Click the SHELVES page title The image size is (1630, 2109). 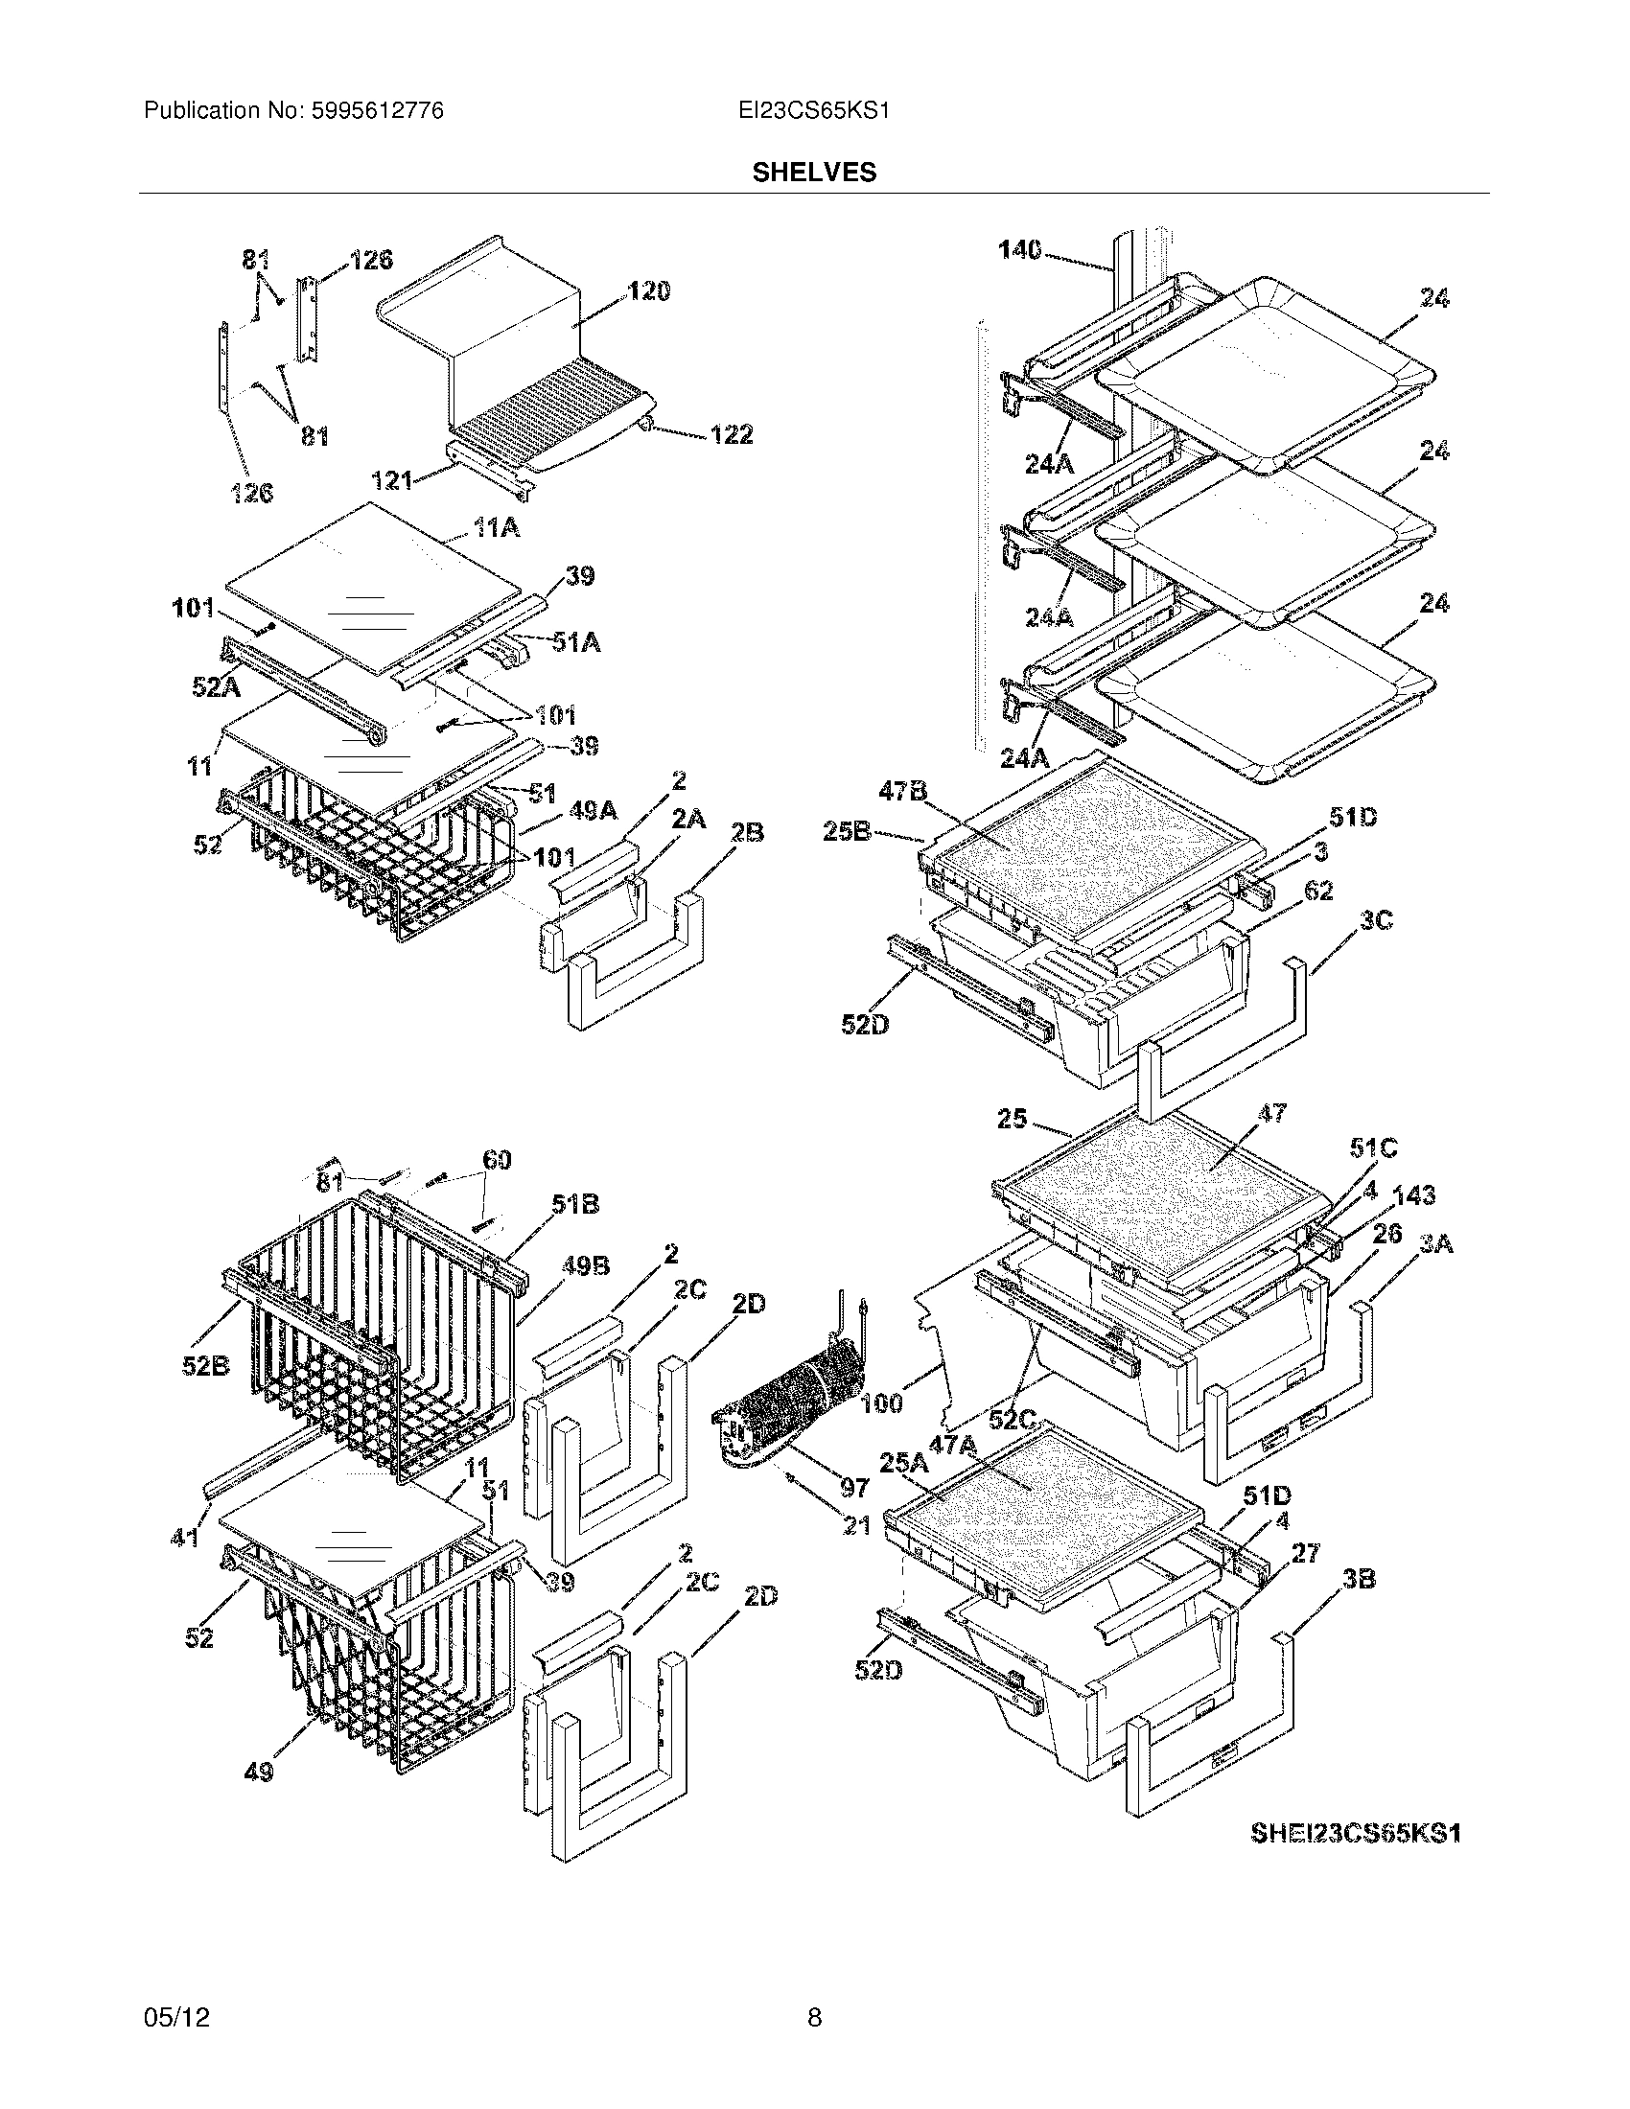click(814, 173)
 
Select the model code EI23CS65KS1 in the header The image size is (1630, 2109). click(813, 111)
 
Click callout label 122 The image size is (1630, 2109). click(731, 434)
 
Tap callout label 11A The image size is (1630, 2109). click(496, 528)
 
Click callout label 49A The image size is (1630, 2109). click(592, 812)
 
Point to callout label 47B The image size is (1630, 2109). click(902, 791)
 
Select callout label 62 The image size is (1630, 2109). click(1317, 891)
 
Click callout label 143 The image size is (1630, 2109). click(1413, 1195)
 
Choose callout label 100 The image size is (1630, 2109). click(879, 1403)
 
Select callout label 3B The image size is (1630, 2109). click(1359, 1579)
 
